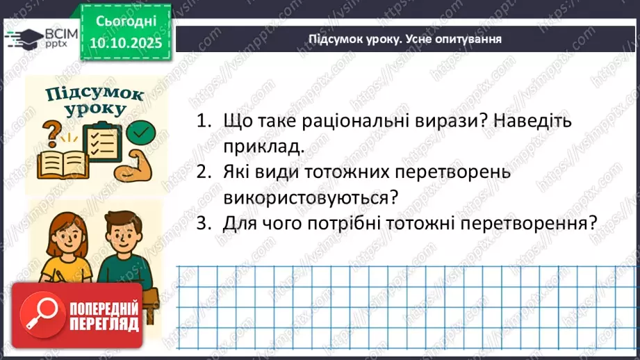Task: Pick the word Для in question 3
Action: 240,223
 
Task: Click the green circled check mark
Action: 142,131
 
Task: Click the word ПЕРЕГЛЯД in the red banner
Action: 104,323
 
